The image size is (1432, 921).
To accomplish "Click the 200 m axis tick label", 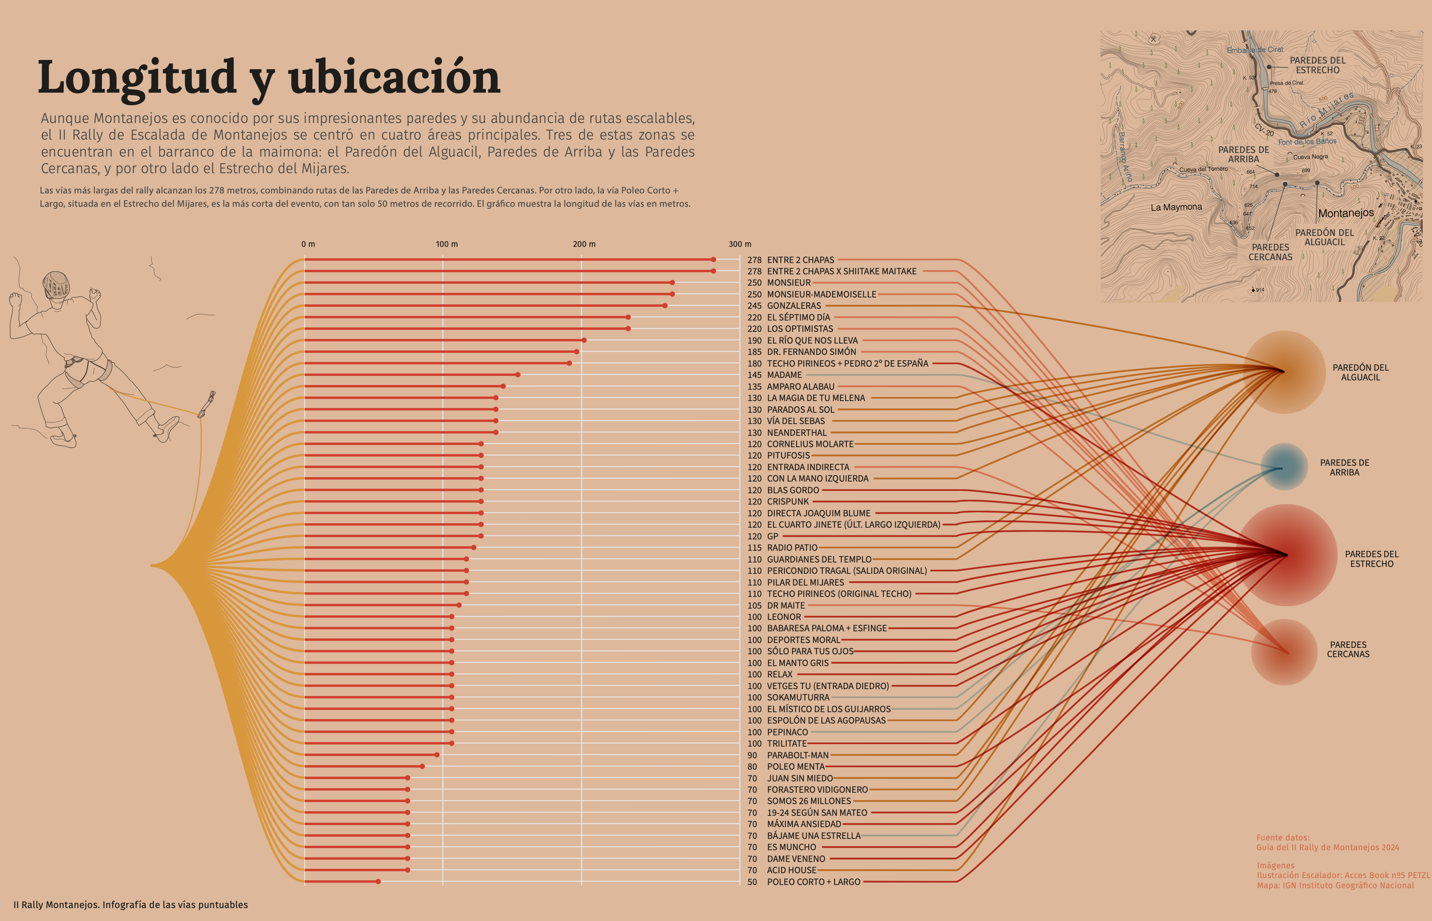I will [584, 244].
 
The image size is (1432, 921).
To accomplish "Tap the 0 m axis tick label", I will [308, 244].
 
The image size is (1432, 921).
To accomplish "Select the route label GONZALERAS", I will [794, 306].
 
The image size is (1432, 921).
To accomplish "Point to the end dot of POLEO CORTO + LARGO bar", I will [378, 881].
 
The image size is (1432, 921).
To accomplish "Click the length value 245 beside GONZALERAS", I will [754, 306].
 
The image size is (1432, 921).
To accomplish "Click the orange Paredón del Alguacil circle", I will [1284, 372].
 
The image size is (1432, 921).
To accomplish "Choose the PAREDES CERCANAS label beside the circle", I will [1348, 649].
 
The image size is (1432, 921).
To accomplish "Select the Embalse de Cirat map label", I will [1254, 50].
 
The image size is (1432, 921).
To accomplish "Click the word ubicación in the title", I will [394, 78].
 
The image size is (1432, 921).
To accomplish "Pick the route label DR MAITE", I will [785, 606].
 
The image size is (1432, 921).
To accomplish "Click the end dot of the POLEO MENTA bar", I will [422, 766].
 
